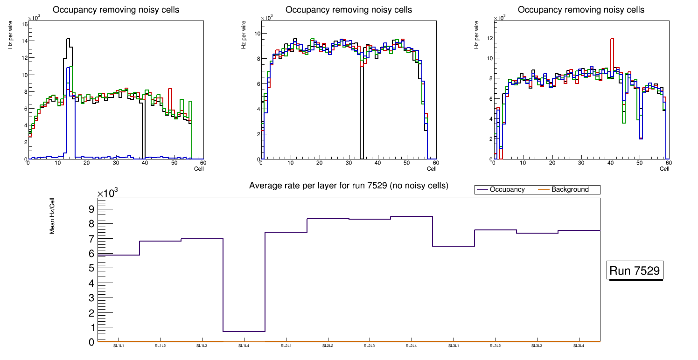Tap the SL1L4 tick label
pos(244,346)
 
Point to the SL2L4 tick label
pos(411,346)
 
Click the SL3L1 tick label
pos(453,346)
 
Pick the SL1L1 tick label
pos(119,346)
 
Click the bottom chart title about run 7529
pos(349,186)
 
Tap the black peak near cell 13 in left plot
pos(68,40)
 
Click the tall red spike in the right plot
pos(612,39)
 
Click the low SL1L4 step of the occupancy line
pos(244,332)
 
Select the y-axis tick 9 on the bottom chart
pos(91,209)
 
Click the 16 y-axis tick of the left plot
pos(24,24)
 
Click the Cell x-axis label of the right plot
pos(664,169)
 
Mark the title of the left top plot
pos(116,10)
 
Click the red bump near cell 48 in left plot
pos(170,89)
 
